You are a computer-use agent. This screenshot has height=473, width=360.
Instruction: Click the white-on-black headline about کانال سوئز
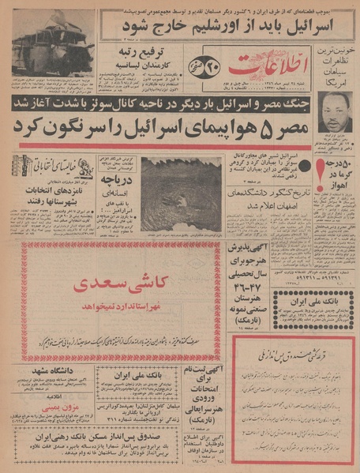point(189,101)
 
